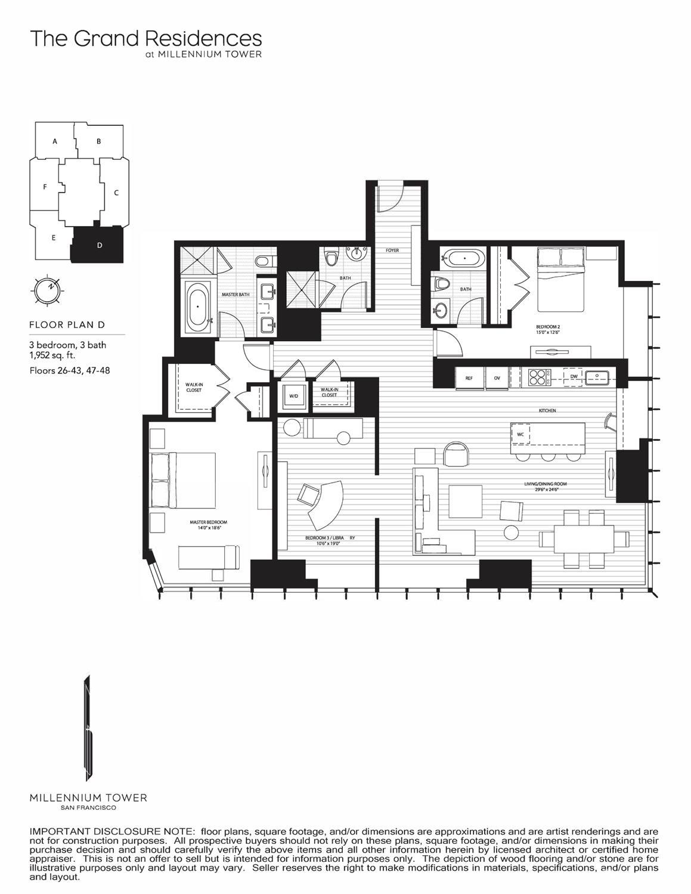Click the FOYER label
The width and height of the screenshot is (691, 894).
click(x=392, y=250)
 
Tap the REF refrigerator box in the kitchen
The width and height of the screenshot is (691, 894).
click(x=469, y=378)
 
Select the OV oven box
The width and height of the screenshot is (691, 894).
click(x=497, y=378)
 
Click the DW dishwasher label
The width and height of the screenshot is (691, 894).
click(x=574, y=376)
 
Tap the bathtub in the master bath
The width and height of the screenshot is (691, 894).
click(x=197, y=307)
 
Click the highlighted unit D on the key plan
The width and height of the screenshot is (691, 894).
click(x=99, y=245)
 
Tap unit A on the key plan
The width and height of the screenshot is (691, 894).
click(x=55, y=141)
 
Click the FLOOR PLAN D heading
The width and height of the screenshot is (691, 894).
click(x=67, y=325)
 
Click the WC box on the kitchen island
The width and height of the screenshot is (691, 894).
click(x=520, y=434)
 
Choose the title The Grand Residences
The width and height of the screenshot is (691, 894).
click(x=146, y=39)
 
